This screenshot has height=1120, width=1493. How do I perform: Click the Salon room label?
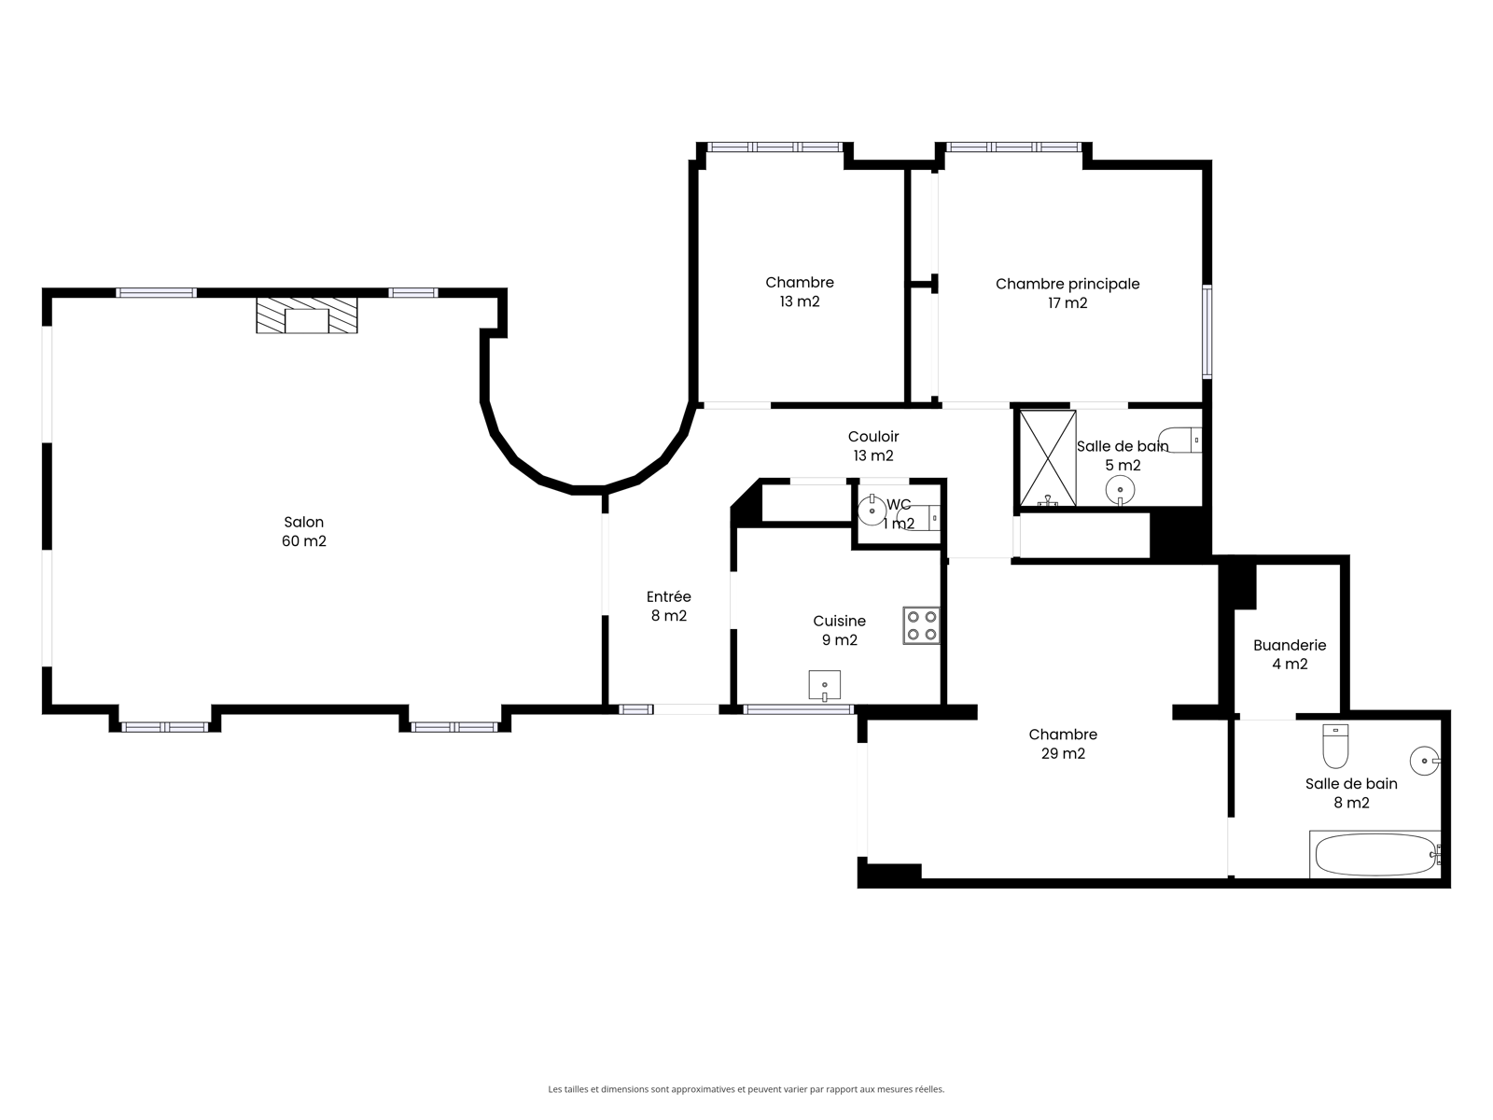pos(303,523)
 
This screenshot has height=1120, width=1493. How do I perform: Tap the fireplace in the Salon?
pos(307,315)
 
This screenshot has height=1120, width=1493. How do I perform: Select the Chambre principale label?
pos(1067,285)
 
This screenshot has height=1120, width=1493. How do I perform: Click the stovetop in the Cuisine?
pos(921,625)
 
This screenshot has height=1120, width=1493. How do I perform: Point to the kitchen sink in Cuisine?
pos(824,685)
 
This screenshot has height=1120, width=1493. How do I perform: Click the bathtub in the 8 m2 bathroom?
pos(1374,854)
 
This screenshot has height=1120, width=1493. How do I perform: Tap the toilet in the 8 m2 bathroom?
pos(1335,746)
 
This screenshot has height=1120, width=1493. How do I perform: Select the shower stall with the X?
pos(1048,458)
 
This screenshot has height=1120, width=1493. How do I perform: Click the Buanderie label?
pos(1290,645)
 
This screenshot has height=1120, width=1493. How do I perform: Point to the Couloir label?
pos(873,437)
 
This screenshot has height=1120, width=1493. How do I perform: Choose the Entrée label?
pos(669,596)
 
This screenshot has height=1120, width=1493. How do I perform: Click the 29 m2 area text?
pos(1063,753)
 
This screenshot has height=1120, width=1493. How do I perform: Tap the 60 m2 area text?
pos(304,541)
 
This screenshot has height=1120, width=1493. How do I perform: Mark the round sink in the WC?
pos(872,511)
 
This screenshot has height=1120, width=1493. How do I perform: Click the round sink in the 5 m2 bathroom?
pos(1120,489)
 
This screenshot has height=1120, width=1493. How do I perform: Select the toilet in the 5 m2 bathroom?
pos(1180,440)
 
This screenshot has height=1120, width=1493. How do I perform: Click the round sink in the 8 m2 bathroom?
pos(1425,761)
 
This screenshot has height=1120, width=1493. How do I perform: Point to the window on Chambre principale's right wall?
pos(1207,332)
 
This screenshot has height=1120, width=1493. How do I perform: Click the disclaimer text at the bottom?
pos(746,1089)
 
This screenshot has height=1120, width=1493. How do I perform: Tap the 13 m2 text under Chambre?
pos(800,301)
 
